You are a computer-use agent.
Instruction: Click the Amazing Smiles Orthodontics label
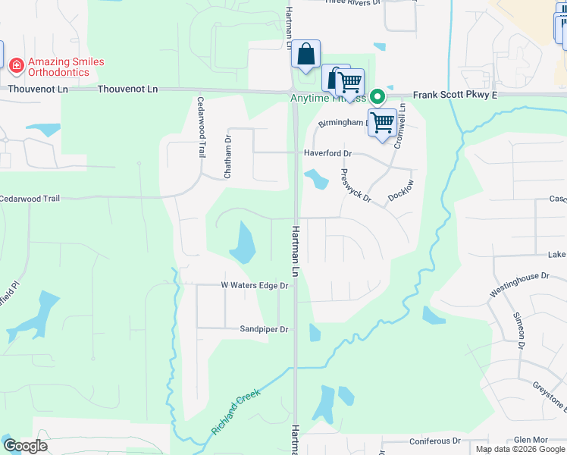(66, 67)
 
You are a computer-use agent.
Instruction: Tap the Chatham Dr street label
(227, 157)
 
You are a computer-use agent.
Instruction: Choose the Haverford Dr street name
(328, 153)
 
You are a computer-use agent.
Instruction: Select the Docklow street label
(401, 190)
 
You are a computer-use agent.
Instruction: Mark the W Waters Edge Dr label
(255, 286)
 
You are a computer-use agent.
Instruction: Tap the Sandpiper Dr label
(265, 329)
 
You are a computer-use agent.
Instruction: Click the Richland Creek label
(236, 412)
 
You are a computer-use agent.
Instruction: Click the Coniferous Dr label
(434, 441)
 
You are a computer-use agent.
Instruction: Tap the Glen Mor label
(531, 440)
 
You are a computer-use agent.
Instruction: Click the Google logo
(25, 446)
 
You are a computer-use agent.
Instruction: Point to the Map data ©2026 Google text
(520, 449)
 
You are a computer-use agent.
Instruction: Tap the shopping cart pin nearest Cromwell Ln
(383, 121)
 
